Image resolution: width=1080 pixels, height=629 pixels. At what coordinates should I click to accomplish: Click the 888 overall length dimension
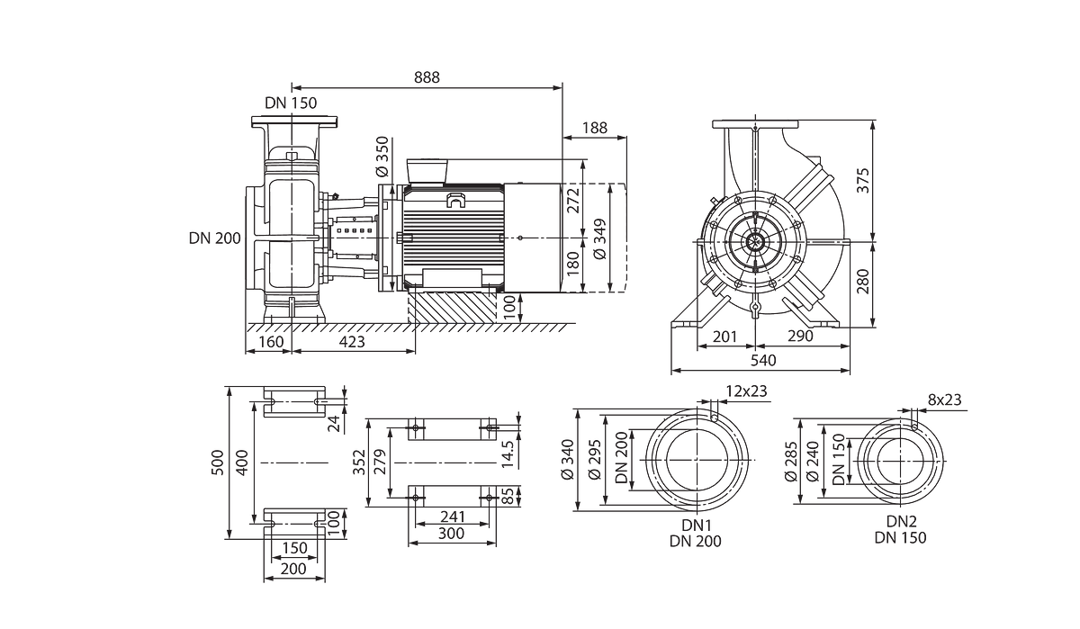[427, 77]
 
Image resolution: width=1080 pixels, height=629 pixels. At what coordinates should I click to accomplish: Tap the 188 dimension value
[595, 128]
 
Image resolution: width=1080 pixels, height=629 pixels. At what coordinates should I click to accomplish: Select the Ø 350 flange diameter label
[382, 157]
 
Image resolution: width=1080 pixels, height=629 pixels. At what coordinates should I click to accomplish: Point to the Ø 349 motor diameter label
[600, 239]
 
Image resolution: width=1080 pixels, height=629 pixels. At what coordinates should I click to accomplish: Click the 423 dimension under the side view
[352, 342]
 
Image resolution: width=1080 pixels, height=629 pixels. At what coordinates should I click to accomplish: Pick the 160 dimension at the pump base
[271, 342]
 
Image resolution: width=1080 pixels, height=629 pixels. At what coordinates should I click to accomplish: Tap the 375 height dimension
[863, 180]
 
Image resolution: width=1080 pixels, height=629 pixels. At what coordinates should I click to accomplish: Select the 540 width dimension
[763, 361]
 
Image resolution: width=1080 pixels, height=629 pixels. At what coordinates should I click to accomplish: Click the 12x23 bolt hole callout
[746, 391]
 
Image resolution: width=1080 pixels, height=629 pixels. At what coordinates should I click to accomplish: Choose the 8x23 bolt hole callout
[944, 400]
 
